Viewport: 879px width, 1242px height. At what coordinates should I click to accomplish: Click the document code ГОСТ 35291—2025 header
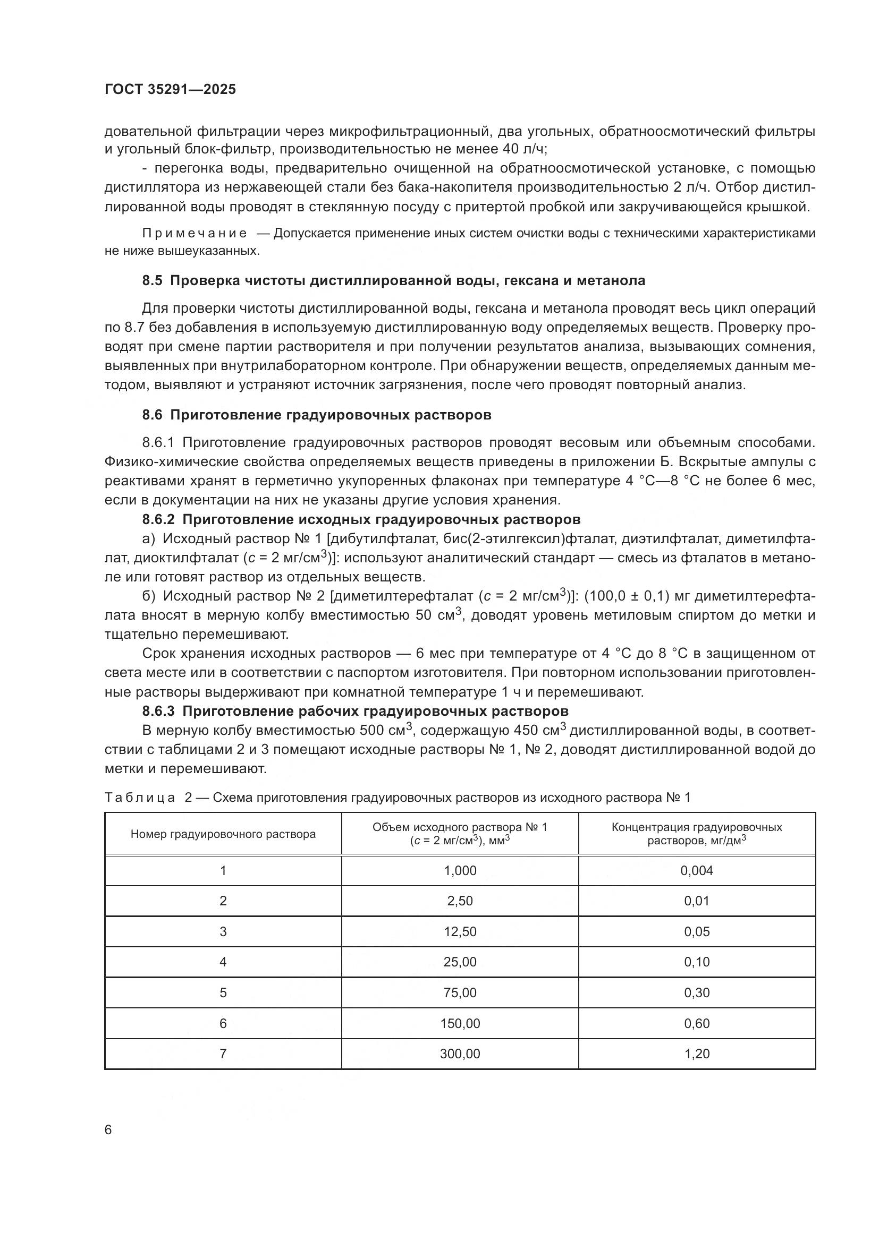pos(170,90)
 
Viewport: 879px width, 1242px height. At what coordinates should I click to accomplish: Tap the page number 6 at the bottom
pos(108,1129)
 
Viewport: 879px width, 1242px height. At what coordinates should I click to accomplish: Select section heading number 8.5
pos(152,281)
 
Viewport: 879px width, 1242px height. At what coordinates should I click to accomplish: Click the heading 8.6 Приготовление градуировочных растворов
pos(317,415)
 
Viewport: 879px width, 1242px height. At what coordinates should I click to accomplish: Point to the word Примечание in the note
pos(195,234)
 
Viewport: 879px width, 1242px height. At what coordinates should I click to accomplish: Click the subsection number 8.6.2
pos(158,519)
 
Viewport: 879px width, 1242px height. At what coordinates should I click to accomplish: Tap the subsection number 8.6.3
pos(158,711)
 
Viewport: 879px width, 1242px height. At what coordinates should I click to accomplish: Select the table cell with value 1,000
pos(460,870)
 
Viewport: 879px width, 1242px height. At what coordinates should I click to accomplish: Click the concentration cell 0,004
pos(697,870)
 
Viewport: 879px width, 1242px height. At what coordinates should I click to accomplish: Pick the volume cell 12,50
pos(460,931)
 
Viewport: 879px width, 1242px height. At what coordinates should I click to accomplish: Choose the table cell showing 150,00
pos(460,1023)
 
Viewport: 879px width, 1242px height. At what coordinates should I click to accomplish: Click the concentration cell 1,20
pos(697,1053)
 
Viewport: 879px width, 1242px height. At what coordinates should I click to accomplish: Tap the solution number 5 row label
pos(223,992)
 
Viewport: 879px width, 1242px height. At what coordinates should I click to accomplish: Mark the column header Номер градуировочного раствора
pos(223,834)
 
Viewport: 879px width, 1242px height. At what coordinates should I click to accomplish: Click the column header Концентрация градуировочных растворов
pos(697,834)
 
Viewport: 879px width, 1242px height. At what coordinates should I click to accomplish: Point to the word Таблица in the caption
pos(140,798)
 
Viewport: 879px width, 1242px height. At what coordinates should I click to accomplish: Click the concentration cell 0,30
pos(697,992)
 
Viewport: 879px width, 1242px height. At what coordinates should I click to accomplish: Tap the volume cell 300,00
pos(460,1053)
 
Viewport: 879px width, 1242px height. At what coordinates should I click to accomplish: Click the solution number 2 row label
pos(223,901)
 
